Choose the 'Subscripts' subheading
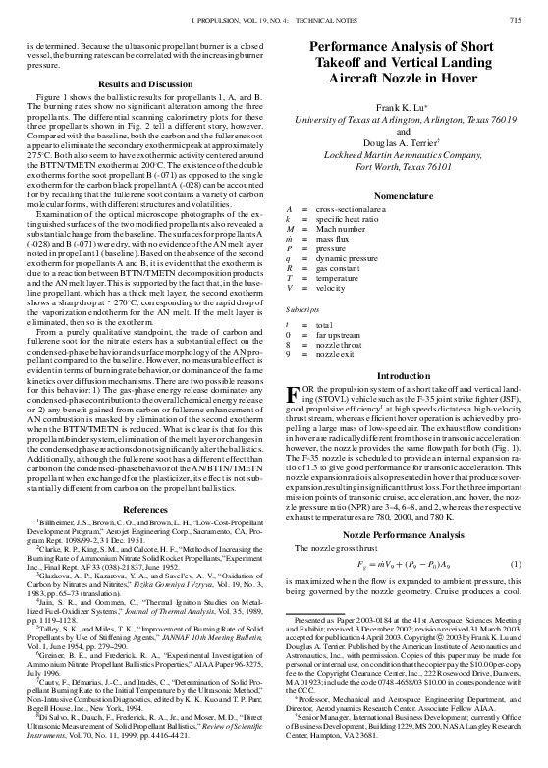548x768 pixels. tap(301, 309)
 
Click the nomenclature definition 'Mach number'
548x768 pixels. tap(342, 230)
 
